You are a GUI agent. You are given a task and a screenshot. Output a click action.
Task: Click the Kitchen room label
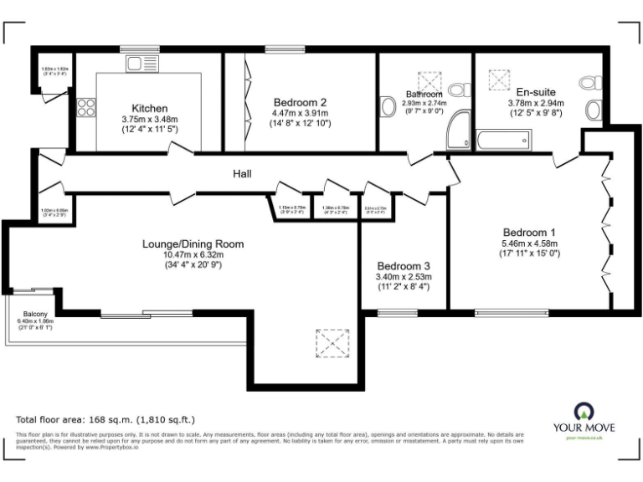point(151,108)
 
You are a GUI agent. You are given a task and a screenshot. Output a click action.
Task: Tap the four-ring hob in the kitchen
point(86,106)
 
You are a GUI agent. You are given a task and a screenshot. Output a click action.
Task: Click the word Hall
point(244,174)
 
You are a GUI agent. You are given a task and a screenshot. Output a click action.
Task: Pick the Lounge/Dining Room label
point(193,244)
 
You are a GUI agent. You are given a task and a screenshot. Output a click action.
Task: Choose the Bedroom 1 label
point(529,232)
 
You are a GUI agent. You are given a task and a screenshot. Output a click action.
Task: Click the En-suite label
point(536,92)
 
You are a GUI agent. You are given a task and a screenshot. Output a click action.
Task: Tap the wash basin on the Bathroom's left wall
point(388,108)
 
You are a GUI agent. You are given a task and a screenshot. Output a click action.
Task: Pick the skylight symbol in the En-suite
point(500,80)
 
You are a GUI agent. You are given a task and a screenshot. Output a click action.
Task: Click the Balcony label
point(34,314)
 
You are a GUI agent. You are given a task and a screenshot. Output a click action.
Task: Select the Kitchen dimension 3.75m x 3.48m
point(151,119)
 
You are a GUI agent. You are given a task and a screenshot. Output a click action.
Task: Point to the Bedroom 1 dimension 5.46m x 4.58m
point(529,244)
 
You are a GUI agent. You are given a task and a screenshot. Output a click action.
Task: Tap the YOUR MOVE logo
point(589,419)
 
